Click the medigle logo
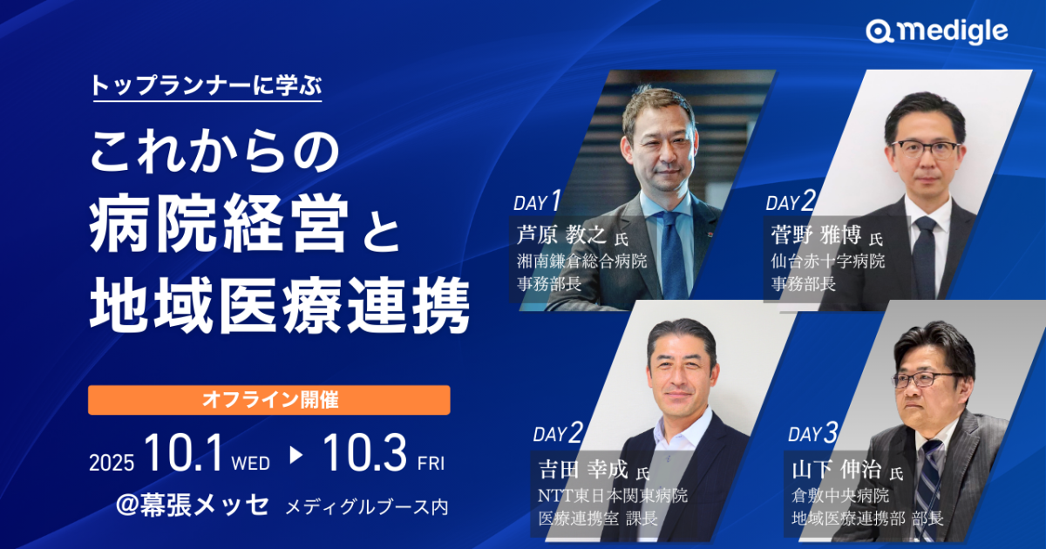point(937,31)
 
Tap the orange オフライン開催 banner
point(269,400)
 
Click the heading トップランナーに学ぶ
point(207,85)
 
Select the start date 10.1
point(184,453)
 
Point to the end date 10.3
point(364,453)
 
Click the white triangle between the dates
point(295,455)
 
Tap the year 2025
point(112,463)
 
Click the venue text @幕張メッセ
point(193,505)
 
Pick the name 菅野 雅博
point(816,234)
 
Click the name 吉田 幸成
point(583,469)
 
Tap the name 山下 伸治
point(836,469)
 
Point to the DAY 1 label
point(537,201)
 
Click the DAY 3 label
point(813,433)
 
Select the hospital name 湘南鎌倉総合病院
point(582,261)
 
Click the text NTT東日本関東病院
point(613,495)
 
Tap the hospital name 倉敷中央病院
point(840,495)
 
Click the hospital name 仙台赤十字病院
point(828,261)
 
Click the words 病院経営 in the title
point(219,225)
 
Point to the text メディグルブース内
point(367,507)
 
